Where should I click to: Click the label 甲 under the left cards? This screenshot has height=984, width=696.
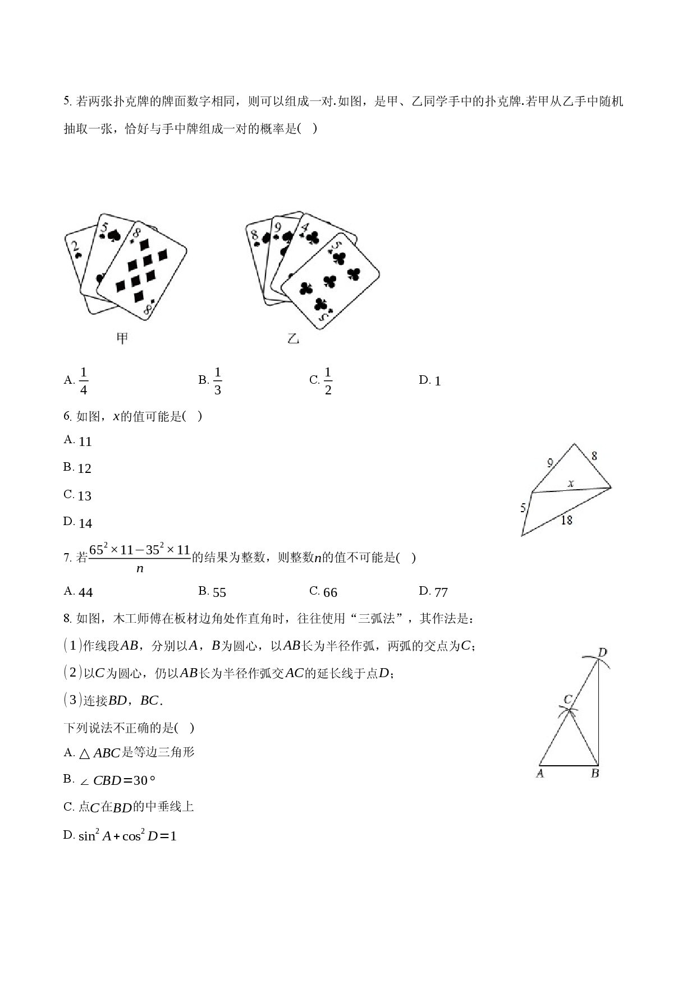pos(122,338)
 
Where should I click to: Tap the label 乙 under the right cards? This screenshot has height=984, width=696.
pos(293,338)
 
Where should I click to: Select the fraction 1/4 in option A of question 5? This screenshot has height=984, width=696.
pos(84,381)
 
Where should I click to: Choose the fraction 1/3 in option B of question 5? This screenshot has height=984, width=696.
pos(218,381)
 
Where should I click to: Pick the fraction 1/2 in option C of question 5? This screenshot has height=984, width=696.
pos(328,381)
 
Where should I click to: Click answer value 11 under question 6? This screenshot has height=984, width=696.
pos(85,442)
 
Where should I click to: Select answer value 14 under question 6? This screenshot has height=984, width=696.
pos(85,524)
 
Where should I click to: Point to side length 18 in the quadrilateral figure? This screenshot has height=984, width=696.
pos(567,520)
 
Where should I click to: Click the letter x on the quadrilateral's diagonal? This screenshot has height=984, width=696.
pos(571,482)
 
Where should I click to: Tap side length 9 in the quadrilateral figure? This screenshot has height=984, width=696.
pos(550,463)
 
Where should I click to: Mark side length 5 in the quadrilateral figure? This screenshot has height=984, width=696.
pos(523,508)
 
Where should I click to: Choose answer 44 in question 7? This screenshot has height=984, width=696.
pos(86,592)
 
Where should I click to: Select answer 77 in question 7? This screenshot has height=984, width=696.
pos(441,592)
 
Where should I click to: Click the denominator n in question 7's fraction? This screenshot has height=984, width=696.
pos(140,568)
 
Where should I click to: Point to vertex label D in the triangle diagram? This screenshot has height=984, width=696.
pos(602,652)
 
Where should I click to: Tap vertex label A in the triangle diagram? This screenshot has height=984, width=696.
pos(540,774)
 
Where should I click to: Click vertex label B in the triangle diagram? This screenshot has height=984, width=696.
pos(595,774)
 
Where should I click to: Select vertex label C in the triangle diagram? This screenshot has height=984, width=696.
pos(567,700)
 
